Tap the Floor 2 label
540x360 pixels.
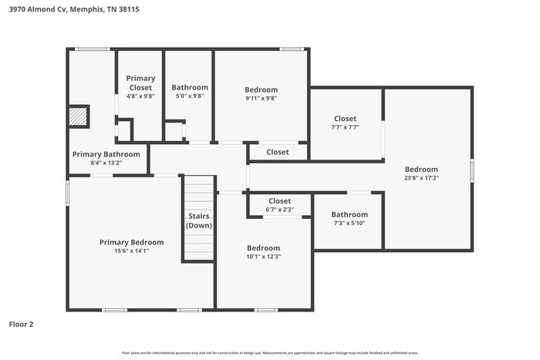pyautogui.click(x=21, y=324)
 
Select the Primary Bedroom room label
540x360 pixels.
pyautogui.click(x=131, y=242)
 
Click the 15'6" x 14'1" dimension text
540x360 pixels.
pyautogui.click(x=131, y=251)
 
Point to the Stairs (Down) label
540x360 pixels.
pyautogui.click(x=199, y=220)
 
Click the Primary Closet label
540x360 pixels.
pyautogui.click(x=140, y=82)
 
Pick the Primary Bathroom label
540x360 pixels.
pyautogui.click(x=106, y=154)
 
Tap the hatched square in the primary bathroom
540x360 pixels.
pyautogui.click(x=78, y=116)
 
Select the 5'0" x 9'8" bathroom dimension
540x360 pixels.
pyautogui.click(x=189, y=96)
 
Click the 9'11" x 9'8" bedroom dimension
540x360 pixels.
pyautogui.click(x=261, y=98)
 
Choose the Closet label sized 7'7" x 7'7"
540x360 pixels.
pyautogui.click(x=345, y=119)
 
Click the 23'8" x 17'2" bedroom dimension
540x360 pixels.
pyautogui.click(x=421, y=178)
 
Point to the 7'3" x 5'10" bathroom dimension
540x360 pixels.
pyautogui.click(x=349, y=224)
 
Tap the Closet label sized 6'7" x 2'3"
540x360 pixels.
pyautogui.click(x=279, y=201)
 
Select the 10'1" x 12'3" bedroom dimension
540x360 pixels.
pyautogui.click(x=263, y=257)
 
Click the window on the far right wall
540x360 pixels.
pyautogui.click(x=472, y=170)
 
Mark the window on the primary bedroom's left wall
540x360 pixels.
pyautogui.click(x=68, y=192)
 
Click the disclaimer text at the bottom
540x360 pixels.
pyautogui.click(x=269, y=352)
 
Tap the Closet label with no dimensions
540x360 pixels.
pyautogui.click(x=277, y=152)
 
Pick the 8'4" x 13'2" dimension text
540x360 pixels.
pyautogui.click(x=106, y=163)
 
